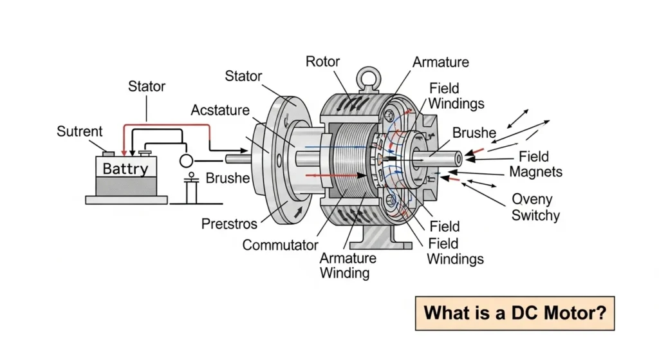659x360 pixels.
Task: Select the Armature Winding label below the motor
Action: [348, 265]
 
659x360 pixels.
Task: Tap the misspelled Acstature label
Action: [220, 110]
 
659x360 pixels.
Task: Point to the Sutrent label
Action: [79, 131]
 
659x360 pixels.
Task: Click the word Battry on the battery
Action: [126, 169]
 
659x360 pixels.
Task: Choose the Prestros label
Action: [229, 224]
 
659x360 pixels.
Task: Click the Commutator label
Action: [280, 245]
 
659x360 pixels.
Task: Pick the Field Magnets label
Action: [535, 164]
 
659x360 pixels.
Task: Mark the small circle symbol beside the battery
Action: [187, 160]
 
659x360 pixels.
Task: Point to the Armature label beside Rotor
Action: [441, 62]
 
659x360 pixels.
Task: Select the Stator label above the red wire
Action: [147, 86]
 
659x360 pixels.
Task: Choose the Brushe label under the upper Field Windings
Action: [474, 133]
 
